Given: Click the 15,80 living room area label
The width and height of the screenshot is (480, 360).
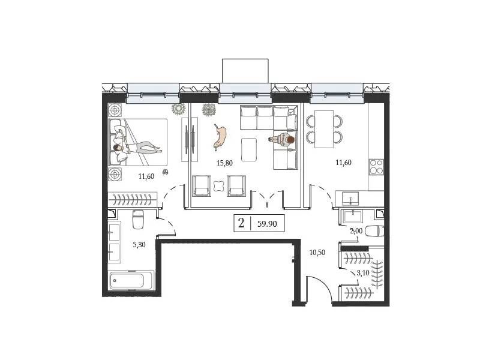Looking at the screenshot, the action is [x=224, y=163].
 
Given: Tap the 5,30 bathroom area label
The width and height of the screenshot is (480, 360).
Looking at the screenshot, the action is [x=139, y=245].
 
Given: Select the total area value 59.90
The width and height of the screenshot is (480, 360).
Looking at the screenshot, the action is [x=267, y=224].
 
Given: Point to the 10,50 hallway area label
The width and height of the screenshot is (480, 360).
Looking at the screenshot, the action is [x=317, y=253].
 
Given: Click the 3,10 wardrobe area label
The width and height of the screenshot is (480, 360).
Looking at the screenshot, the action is [x=363, y=273].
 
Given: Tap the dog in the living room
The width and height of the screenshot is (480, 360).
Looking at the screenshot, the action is [x=220, y=137].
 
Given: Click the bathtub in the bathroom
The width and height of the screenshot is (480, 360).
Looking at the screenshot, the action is [x=131, y=280].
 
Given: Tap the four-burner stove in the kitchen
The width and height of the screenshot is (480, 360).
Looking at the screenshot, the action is [x=376, y=167].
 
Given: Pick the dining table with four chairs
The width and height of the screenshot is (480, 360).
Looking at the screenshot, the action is [x=324, y=129].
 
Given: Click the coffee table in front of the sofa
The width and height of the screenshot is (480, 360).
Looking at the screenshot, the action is [x=249, y=149].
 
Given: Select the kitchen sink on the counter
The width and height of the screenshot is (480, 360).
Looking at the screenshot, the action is [x=350, y=198].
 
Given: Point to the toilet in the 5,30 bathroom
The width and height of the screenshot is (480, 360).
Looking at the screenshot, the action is [x=138, y=219].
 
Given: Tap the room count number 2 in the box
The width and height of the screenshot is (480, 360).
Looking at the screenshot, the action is [x=241, y=223].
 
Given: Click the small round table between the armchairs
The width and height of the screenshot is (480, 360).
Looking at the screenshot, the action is [x=218, y=186].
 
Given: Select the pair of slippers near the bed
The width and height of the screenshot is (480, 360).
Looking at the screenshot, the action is [x=166, y=172].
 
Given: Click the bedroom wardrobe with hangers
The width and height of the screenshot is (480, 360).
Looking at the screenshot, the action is [x=133, y=200].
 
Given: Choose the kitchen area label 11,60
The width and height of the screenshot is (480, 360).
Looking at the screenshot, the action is [x=343, y=163].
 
